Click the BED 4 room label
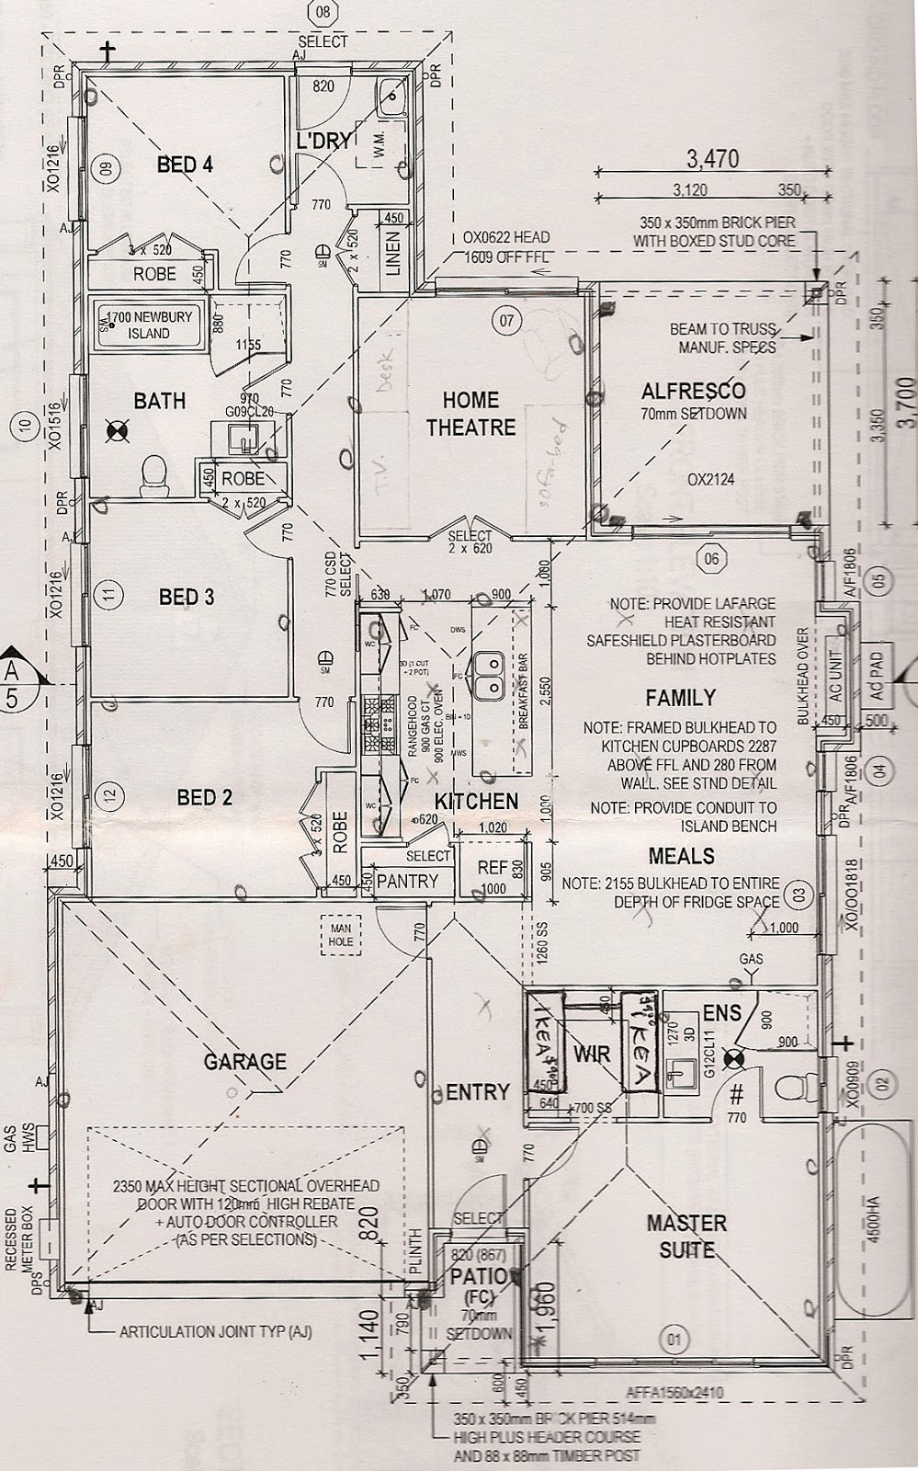(185, 165)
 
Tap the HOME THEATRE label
(471, 414)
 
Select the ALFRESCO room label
(693, 391)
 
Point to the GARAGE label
(245, 1061)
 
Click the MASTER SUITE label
(686, 1236)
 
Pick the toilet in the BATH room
(154, 475)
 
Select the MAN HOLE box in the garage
(341, 934)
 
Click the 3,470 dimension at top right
(713, 159)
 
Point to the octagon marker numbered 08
(322, 12)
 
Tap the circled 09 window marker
(106, 168)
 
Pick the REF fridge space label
(493, 868)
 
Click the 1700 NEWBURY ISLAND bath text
(152, 324)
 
